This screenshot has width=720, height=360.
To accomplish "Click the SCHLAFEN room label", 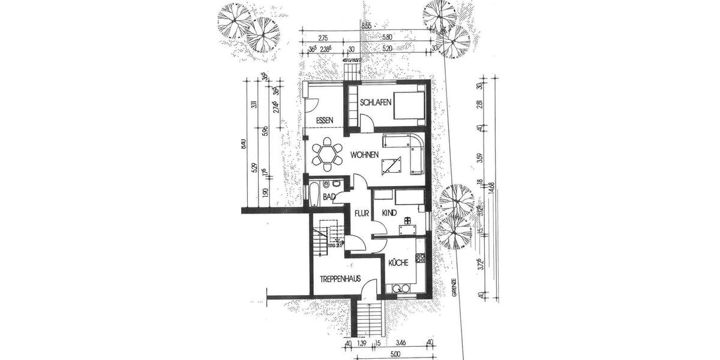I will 376,103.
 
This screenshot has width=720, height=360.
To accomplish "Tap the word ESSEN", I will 324,120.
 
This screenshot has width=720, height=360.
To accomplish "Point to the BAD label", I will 328,196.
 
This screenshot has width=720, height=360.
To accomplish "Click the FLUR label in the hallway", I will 361,213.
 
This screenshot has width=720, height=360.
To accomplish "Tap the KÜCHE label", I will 398,262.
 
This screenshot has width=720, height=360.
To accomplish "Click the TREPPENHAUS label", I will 340,278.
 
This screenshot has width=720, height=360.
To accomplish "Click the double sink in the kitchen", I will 401,289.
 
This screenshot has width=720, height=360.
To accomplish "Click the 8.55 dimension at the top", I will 366,26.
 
